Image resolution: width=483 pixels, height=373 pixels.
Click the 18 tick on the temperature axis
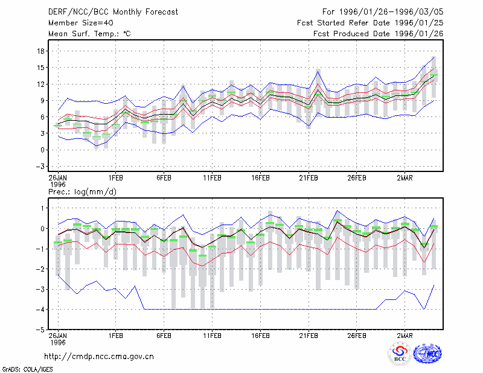click(x=41, y=51)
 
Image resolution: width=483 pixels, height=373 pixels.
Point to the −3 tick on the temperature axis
click(x=40, y=167)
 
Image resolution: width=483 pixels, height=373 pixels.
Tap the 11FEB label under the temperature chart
click(x=212, y=178)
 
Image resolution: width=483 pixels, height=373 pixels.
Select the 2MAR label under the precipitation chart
click(x=405, y=336)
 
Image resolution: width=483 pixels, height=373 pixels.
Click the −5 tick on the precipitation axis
click(x=40, y=330)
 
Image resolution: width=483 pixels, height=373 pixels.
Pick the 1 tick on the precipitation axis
click(x=42, y=208)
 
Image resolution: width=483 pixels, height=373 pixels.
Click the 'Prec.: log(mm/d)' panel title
click(x=82, y=192)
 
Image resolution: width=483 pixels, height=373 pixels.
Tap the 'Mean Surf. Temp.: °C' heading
click(x=89, y=34)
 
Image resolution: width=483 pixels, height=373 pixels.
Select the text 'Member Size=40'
click(x=81, y=23)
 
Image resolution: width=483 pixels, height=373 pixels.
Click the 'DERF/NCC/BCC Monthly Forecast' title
click(x=113, y=12)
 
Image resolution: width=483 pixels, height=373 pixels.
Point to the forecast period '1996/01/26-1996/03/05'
click(x=391, y=12)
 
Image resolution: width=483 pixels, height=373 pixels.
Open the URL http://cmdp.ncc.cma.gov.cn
click(x=99, y=357)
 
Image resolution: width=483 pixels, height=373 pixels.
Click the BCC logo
click(x=400, y=354)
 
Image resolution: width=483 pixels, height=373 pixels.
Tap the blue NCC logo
click(x=427, y=354)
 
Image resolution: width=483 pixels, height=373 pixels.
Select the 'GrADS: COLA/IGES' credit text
click(x=27, y=369)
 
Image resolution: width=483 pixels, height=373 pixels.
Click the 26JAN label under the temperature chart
click(x=57, y=178)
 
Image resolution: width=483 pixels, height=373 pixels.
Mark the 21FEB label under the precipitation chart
click(x=309, y=336)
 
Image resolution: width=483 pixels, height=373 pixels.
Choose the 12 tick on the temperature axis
click(x=41, y=84)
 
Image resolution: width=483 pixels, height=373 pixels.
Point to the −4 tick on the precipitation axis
click(x=40, y=310)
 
